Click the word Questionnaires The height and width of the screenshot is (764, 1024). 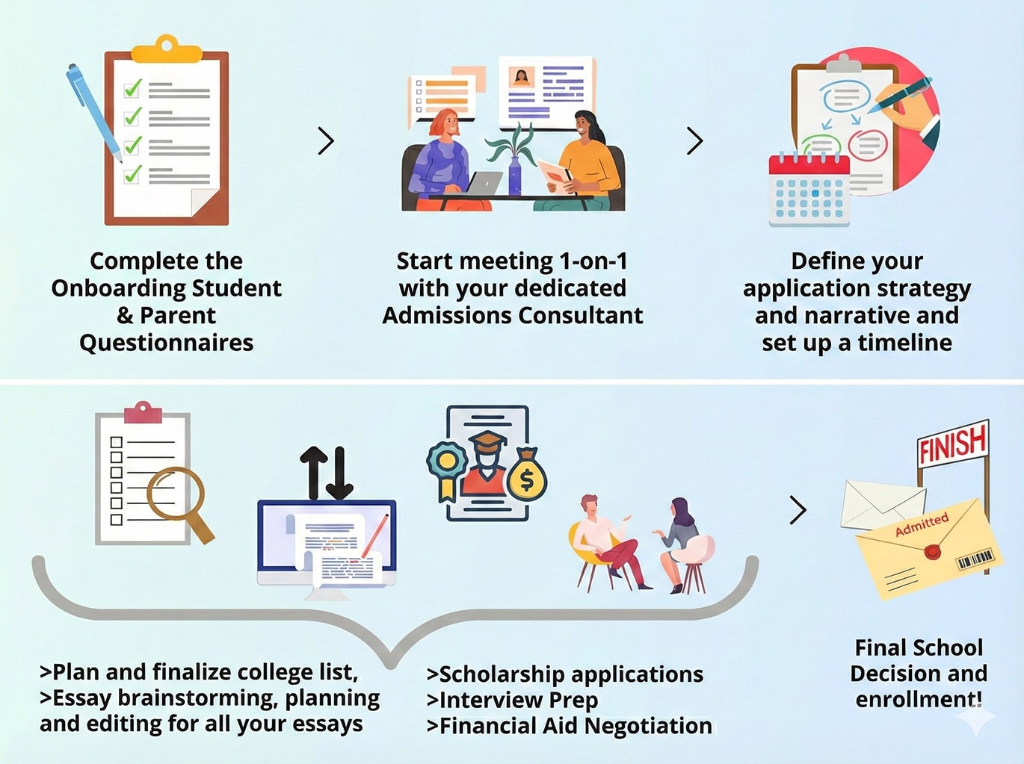click(166, 343)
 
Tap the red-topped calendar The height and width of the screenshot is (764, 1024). click(809, 190)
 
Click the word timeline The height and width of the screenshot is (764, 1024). click(904, 343)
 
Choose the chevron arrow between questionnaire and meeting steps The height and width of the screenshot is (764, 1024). click(326, 140)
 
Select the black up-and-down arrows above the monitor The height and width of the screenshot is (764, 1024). click(327, 473)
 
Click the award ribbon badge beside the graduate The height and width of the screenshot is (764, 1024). click(447, 467)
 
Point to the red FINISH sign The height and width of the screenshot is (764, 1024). click(952, 444)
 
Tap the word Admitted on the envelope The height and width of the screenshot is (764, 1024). click(922, 524)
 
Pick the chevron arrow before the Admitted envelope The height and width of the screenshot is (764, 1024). click(798, 510)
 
